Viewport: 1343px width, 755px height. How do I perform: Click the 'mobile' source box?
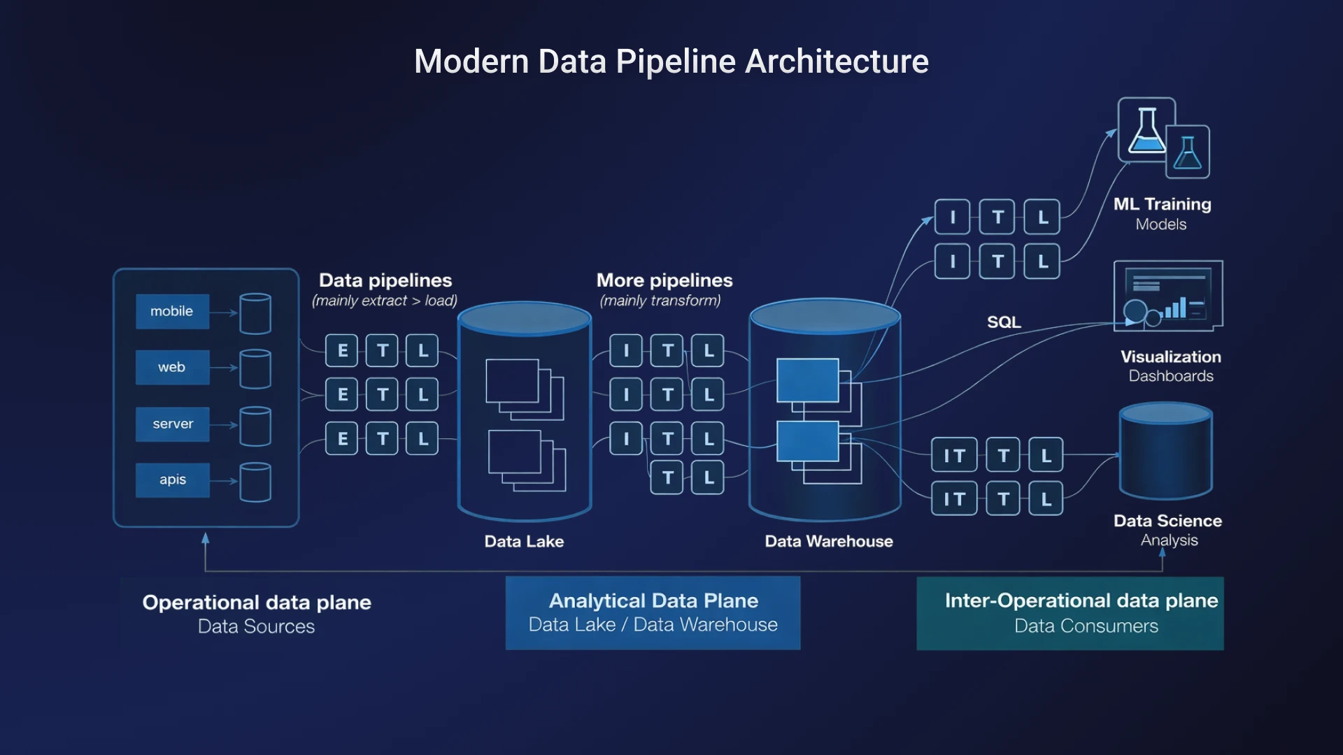(x=172, y=312)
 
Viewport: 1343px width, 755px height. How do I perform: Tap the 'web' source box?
(x=172, y=368)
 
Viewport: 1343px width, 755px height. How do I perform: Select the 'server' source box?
(x=172, y=424)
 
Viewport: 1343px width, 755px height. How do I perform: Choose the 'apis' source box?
(x=172, y=480)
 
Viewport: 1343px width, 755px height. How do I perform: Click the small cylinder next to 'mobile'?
(x=255, y=313)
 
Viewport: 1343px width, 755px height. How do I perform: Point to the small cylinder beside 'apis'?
(x=255, y=482)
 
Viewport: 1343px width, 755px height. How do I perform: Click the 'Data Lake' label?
(x=524, y=541)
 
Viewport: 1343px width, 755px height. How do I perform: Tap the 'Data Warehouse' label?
(x=829, y=541)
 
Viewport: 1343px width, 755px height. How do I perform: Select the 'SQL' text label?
(x=1004, y=322)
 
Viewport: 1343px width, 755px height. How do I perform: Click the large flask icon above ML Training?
(x=1146, y=130)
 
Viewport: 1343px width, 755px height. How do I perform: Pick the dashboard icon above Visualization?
(x=1168, y=294)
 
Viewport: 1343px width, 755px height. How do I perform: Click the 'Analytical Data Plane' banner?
(x=653, y=612)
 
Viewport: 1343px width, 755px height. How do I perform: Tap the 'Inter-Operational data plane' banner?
(x=1070, y=613)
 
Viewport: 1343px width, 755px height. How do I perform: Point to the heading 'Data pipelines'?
(x=385, y=280)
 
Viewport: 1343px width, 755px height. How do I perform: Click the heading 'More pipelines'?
(x=665, y=280)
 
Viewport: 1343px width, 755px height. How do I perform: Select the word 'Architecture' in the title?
(x=837, y=62)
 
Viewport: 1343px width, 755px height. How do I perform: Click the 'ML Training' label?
(x=1162, y=204)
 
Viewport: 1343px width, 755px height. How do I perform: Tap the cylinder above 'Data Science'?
(x=1166, y=451)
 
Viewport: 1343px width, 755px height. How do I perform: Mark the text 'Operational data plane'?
(x=257, y=603)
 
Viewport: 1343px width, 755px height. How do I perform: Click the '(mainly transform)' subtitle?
(x=660, y=301)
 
